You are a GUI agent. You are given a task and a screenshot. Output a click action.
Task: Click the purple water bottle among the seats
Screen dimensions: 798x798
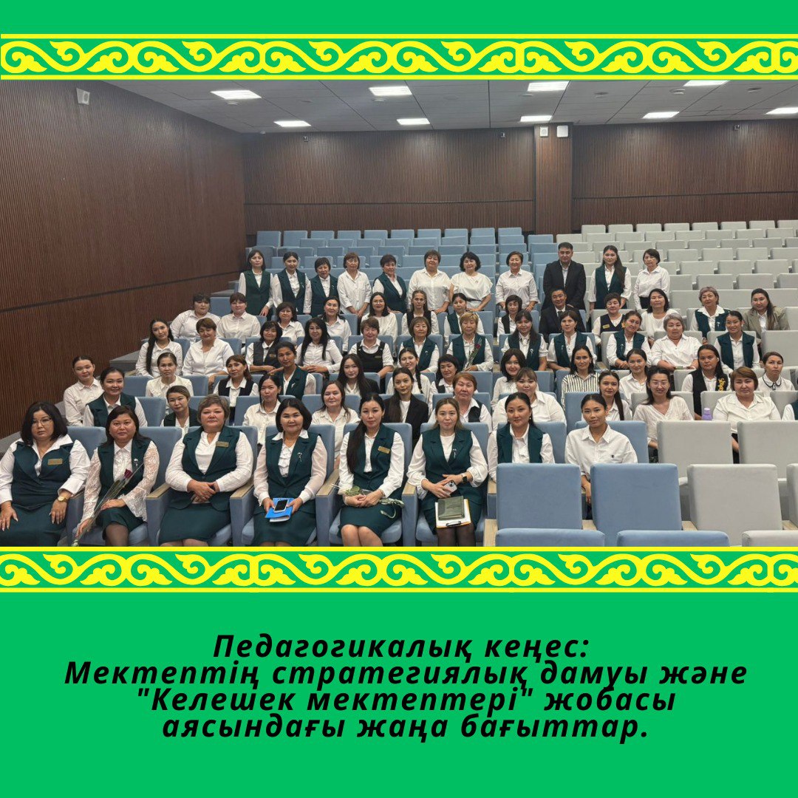pos(707,413)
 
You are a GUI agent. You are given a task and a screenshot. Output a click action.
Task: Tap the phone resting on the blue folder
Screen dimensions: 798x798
pos(282,505)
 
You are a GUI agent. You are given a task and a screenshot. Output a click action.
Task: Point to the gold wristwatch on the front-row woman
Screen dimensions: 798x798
pos(61,498)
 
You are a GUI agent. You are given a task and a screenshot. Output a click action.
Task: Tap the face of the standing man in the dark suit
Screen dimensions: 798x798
pos(565,253)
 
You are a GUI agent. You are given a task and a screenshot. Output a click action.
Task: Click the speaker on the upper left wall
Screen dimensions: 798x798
pos(83,96)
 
